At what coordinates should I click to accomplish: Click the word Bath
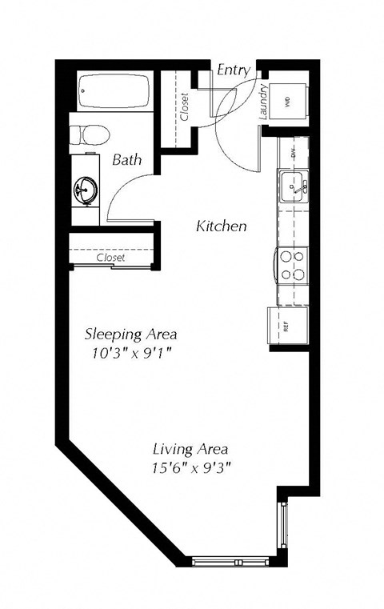(x=126, y=159)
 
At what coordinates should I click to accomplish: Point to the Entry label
(x=234, y=70)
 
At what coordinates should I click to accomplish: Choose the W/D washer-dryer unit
(x=287, y=102)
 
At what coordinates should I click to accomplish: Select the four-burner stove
(x=293, y=265)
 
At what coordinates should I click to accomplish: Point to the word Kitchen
(x=221, y=226)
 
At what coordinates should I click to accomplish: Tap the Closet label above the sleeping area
(x=110, y=258)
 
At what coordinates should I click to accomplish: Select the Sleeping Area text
(x=130, y=333)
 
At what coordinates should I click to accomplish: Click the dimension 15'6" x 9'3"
(x=191, y=467)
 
